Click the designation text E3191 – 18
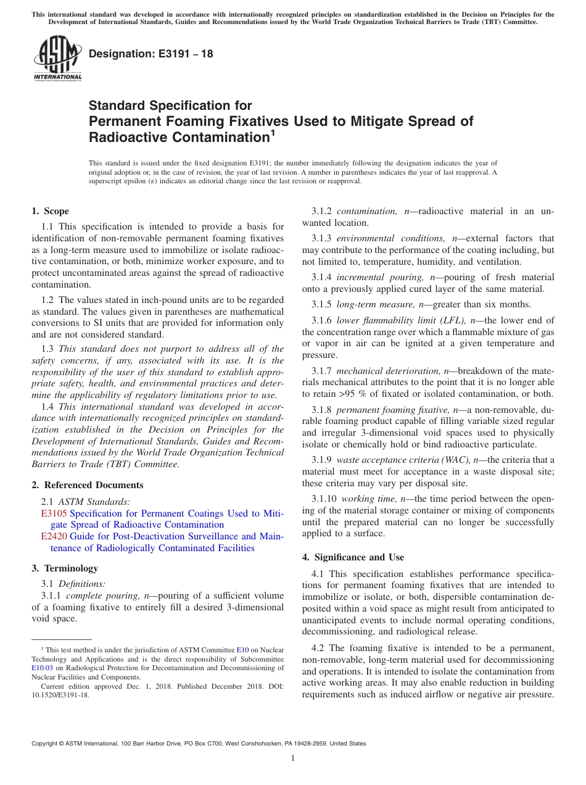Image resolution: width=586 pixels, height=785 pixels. (151, 54)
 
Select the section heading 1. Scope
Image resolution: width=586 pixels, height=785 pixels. (51, 211)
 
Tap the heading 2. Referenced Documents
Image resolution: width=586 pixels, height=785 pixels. (88, 485)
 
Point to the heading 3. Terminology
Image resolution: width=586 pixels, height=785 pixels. (65, 568)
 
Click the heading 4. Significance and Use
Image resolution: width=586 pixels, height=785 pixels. (353, 557)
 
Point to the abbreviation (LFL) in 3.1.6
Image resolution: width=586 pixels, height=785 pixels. (454, 320)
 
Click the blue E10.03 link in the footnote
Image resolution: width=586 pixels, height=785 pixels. (41, 668)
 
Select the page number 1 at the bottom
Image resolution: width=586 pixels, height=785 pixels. (293, 758)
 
